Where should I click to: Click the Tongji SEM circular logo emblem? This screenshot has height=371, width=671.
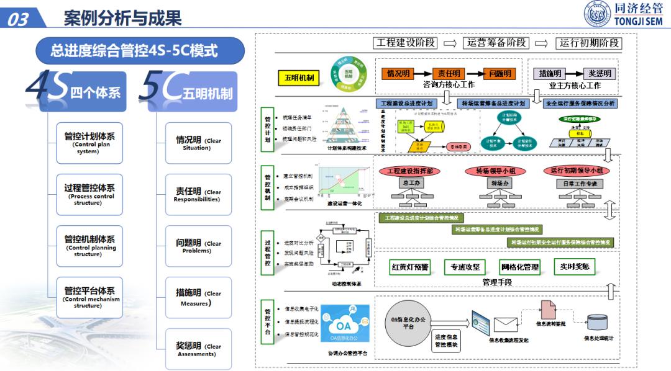coord(594,14)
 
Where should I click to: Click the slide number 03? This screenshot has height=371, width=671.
coord(19,19)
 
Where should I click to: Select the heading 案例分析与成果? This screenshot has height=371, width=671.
coord(122,19)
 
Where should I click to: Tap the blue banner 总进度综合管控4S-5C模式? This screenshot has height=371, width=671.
coord(134,50)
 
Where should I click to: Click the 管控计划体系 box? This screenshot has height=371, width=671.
coord(89,142)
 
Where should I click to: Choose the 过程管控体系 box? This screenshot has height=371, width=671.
coord(89,194)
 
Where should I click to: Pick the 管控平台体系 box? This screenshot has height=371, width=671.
coord(89,297)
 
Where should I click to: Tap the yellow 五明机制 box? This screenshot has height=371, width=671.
coord(299,78)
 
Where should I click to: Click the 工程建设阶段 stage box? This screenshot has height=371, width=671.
coord(406,43)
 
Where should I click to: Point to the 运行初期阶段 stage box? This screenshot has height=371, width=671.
coord(590,43)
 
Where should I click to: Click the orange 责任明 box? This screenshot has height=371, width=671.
coord(449,73)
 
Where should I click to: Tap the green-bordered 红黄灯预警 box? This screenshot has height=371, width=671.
coord(409,267)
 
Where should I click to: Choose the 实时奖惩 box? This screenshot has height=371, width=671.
coord(574,267)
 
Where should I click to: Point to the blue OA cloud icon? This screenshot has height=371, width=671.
coord(344,324)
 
